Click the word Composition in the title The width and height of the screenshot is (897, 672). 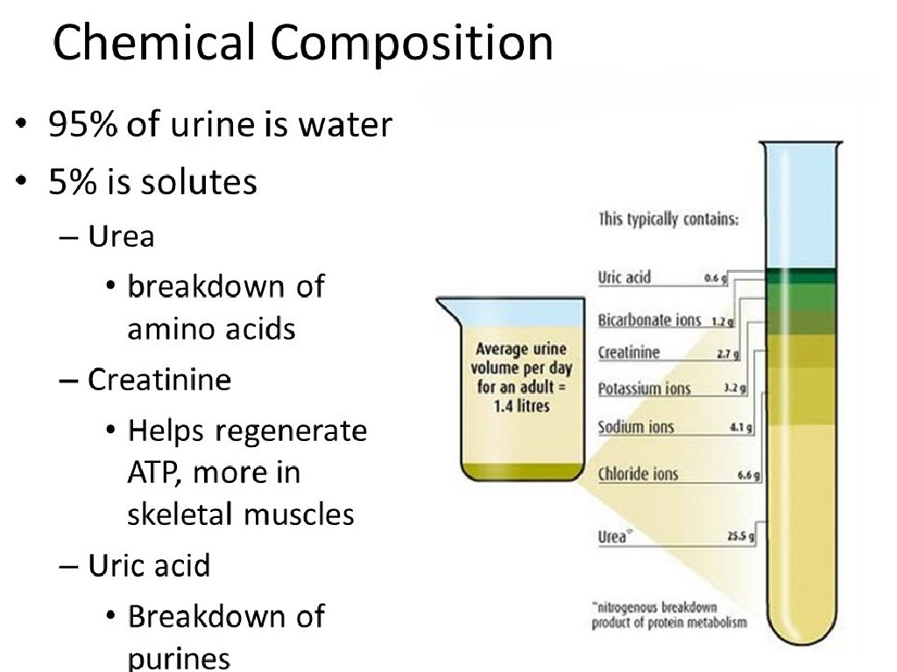tap(412, 44)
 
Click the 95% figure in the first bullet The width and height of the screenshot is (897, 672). tap(82, 124)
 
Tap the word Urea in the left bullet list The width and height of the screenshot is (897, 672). tap(121, 236)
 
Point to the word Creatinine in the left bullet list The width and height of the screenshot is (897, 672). tap(159, 380)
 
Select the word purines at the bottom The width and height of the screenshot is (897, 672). tap(179, 658)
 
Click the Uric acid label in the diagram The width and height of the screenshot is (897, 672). tap(624, 277)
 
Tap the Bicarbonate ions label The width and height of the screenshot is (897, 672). tap(649, 319)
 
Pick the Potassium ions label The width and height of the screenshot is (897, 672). tap(644, 388)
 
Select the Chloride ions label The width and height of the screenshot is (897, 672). tap(638, 473)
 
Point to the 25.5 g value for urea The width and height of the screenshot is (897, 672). tap(740, 536)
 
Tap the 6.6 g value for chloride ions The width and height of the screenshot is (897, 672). tap(748, 475)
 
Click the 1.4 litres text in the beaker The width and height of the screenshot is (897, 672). tap(521, 406)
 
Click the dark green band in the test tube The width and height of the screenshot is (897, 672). tap(801, 276)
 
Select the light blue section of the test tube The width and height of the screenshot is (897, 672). tap(801, 206)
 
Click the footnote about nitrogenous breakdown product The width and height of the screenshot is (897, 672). tap(668, 615)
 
